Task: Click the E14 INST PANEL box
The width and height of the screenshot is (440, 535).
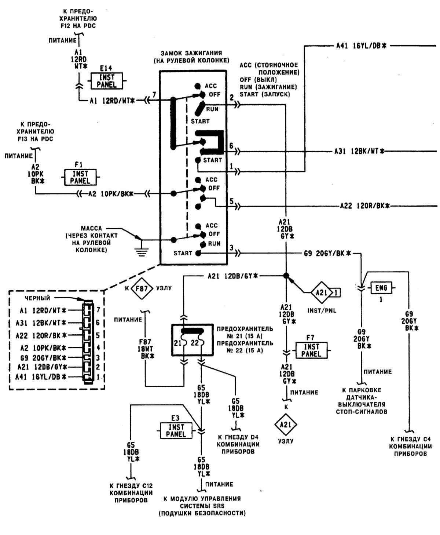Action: [107, 81]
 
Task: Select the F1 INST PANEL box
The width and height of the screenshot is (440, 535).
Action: [80, 177]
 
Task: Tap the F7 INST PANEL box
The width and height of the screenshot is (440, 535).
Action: [312, 350]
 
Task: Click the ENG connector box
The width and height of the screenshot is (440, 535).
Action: [381, 288]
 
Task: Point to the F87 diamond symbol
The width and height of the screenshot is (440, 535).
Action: [142, 288]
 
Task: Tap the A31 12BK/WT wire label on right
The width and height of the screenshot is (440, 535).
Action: [359, 152]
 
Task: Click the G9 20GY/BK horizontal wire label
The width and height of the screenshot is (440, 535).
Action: [327, 253]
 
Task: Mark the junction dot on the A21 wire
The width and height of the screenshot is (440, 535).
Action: [286, 276]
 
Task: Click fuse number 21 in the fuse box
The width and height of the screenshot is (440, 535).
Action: [178, 343]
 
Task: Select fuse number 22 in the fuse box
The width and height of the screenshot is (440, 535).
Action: [195, 343]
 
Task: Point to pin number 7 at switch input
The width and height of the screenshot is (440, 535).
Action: [154, 95]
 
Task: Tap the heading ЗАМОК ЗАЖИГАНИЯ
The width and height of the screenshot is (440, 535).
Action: [191, 53]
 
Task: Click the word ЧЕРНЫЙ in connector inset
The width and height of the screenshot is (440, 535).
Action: [37, 298]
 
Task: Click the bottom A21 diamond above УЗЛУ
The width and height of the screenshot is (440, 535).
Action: [286, 425]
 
